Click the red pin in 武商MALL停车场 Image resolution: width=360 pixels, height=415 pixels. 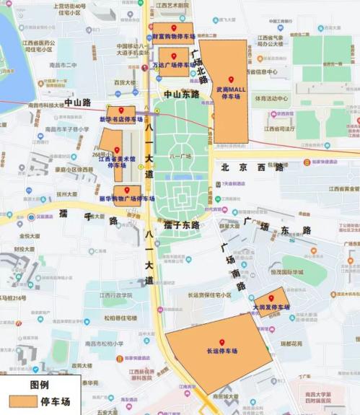(x=231, y=79)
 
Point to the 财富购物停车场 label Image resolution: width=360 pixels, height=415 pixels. (x=174, y=35)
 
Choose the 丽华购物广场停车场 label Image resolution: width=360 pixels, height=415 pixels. (x=127, y=198)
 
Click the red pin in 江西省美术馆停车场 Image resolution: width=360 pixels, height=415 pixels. (x=116, y=150)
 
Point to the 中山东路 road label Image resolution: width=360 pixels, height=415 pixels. (x=181, y=95)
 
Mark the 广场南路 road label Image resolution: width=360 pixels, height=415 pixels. (x=232, y=266)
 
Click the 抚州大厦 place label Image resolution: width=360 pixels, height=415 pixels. (x=66, y=194)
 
